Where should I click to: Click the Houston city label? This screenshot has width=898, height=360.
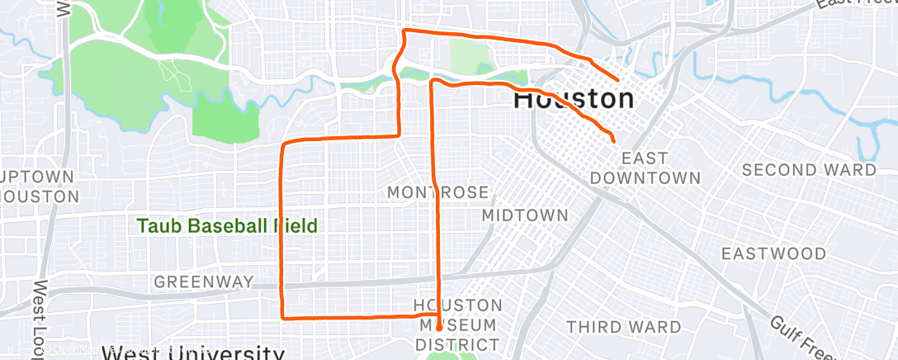click(574, 99)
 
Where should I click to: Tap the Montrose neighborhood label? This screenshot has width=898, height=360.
click(438, 192)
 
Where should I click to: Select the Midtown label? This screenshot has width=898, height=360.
click(525, 216)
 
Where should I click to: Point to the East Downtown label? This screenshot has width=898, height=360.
click(645, 168)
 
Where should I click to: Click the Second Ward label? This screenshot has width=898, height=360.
click(809, 170)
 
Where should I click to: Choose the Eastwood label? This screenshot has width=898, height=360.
click(773, 253)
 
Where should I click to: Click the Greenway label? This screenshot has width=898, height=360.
click(204, 282)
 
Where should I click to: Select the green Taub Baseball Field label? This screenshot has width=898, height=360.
click(227, 226)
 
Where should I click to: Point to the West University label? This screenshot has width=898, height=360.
click(193, 353)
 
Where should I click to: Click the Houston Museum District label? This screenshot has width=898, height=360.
click(457, 324)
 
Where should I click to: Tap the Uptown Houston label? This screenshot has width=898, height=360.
click(39, 187)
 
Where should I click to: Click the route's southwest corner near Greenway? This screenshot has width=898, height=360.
click(283, 316)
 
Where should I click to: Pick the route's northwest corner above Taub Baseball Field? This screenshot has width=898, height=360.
click(285, 144)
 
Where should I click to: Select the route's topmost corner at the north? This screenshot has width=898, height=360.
click(404, 31)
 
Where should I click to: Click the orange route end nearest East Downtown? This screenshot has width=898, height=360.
click(613, 141)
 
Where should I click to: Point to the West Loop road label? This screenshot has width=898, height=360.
click(38, 322)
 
